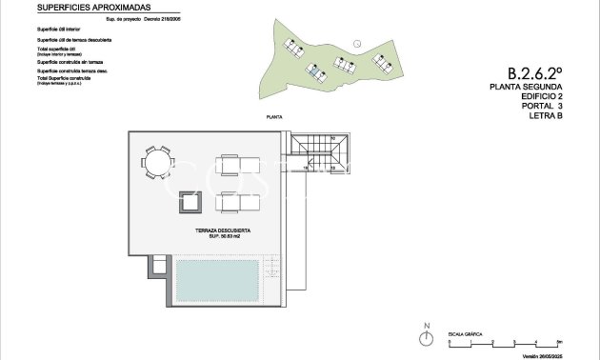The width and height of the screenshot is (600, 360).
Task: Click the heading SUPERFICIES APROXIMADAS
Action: (93, 8)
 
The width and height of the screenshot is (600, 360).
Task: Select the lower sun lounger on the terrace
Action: (239, 201)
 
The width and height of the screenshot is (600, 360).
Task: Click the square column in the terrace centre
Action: (188, 202)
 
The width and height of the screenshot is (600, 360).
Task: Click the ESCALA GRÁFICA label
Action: (464, 334)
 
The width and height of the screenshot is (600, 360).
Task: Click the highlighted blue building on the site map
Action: (314, 70)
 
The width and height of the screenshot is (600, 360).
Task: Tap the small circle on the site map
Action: (356, 43)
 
